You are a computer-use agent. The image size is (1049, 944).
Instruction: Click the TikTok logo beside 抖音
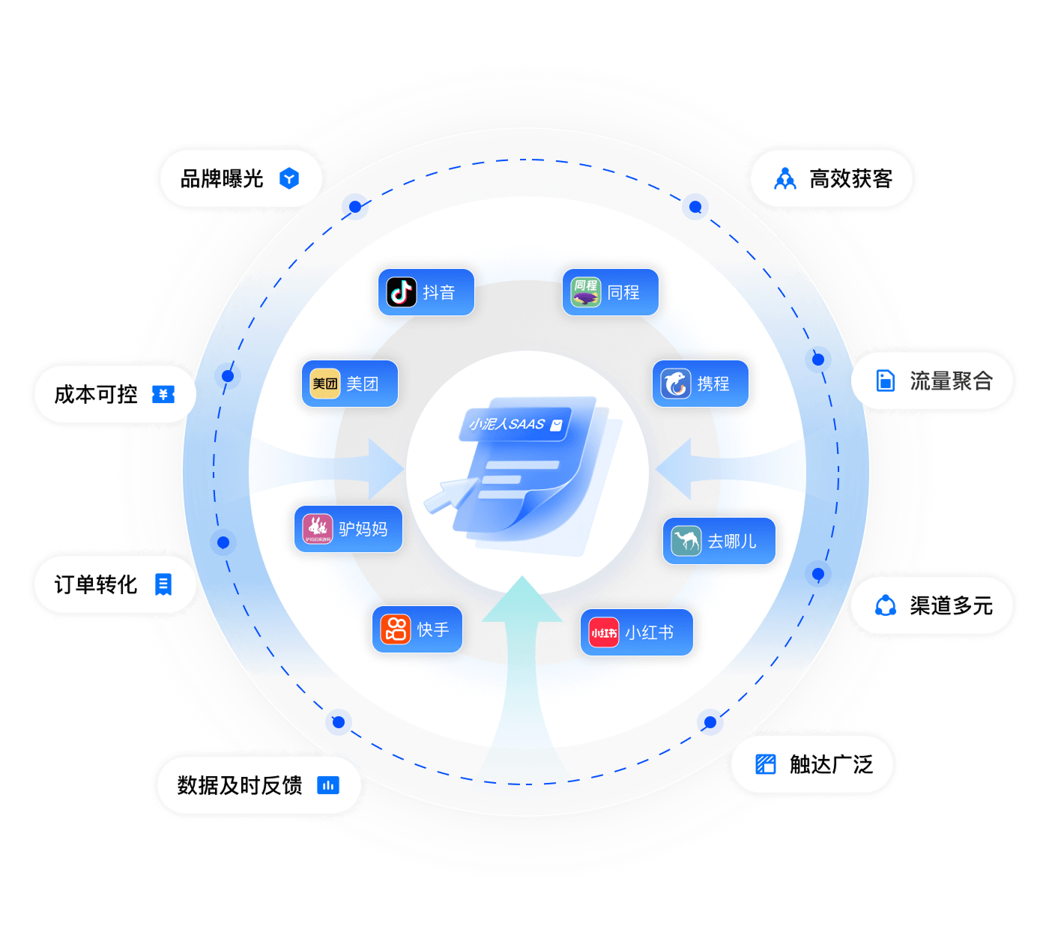401,292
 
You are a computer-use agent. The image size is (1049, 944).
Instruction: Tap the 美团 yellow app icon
324,384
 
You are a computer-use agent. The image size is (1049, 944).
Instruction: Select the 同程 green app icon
585,292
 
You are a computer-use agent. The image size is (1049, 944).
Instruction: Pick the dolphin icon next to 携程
676,384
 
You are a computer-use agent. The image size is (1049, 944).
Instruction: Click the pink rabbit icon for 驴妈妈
318,529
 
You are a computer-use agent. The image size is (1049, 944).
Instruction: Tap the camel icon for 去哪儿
686,541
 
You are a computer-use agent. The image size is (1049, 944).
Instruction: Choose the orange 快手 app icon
396,629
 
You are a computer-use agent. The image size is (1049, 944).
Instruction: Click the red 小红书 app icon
604,632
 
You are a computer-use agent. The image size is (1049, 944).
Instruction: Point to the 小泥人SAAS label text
507,423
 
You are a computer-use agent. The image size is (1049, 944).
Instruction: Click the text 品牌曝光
222,178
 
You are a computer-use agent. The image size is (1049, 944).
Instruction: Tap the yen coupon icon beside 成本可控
163,394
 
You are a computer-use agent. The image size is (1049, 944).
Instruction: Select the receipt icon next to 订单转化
163,584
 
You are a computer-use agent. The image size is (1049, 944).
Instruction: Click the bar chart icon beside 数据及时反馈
328,785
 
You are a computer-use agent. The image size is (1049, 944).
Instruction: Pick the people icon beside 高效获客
785,178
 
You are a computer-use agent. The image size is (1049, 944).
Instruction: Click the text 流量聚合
951,381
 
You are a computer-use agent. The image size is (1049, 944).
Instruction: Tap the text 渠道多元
951,605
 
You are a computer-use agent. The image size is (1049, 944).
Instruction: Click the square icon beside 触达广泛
766,764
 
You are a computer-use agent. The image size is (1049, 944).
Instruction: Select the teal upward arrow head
522,599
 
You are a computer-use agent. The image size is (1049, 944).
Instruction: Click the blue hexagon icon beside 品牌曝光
289,178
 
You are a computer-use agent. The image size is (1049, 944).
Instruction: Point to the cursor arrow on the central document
450,494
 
